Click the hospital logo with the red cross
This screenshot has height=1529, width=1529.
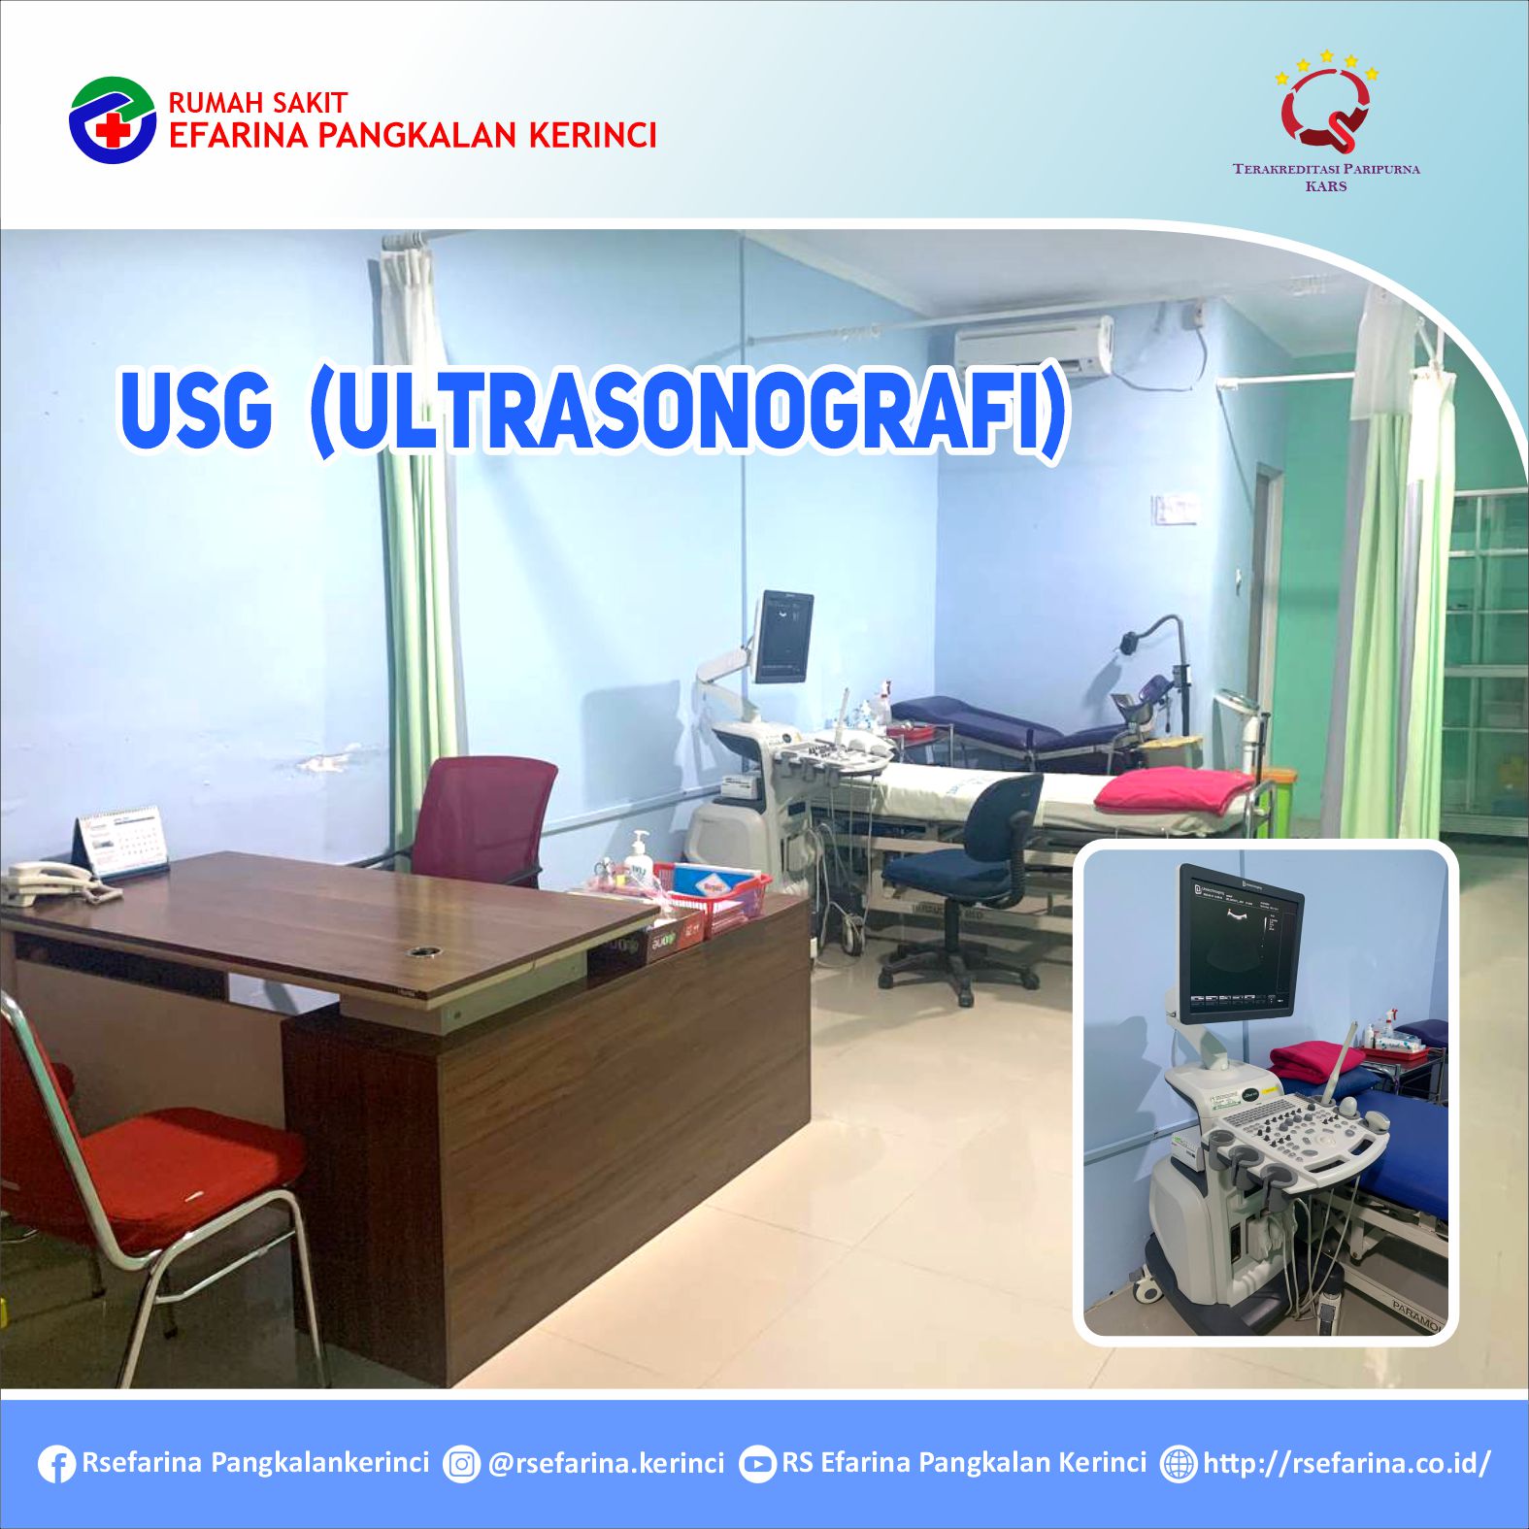tap(113, 120)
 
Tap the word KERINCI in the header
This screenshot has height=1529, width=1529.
tap(592, 136)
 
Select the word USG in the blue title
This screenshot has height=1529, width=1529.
tap(195, 409)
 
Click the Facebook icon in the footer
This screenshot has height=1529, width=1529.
tap(56, 1464)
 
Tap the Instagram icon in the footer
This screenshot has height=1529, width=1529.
tap(462, 1464)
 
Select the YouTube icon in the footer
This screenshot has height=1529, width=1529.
tap(757, 1464)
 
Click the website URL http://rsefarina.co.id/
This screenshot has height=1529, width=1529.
tap(1346, 1463)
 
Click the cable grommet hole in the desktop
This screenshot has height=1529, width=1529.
tap(420, 951)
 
